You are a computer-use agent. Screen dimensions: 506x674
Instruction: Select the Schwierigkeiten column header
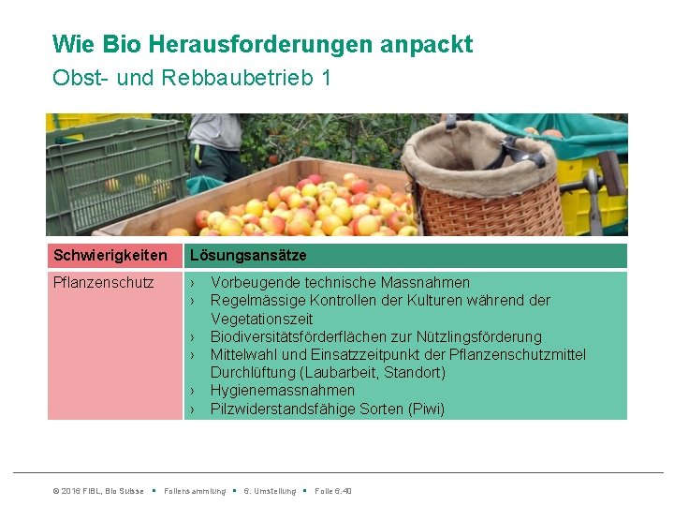pyautogui.click(x=110, y=256)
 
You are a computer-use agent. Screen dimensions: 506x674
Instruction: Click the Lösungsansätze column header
pyautogui.click(x=247, y=256)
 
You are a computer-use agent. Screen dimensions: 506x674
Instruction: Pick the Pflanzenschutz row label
pyautogui.click(x=104, y=282)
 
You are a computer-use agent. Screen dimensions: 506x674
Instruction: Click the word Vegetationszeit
pyautogui.click(x=261, y=319)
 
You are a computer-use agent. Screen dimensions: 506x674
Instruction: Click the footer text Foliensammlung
pyautogui.click(x=195, y=491)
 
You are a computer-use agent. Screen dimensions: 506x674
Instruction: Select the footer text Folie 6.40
pyautogui.click(x=333, y=491)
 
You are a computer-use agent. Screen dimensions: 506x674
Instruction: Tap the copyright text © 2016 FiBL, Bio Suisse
pyautogui.click(x=98, y=491)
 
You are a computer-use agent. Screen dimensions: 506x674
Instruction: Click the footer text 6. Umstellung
pyautogui.click(x=270, y=491)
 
